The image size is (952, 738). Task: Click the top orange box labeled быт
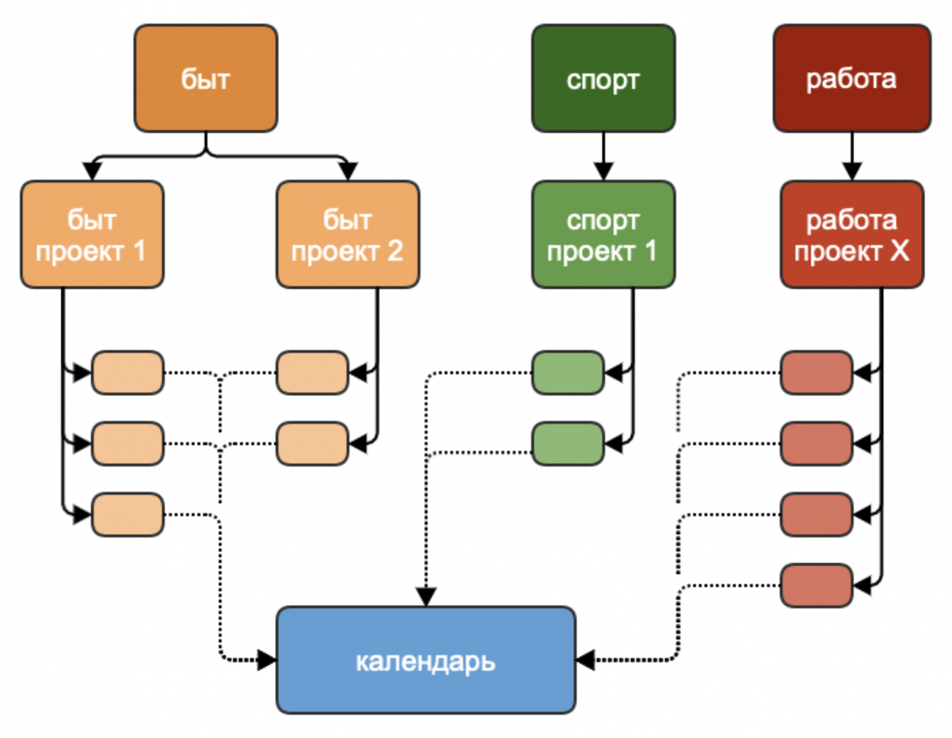pyautogui.click(x=206, y=78)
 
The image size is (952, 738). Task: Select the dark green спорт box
pyautogui.click(x=603, y=78)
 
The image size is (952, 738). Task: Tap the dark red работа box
pyautogui.click(x=851, y=78)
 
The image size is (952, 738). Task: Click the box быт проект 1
pyautogui.click(x=92, y=234)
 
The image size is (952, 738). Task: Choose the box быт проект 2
pyautogui.click(x=347, y=234)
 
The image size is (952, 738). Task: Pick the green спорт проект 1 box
pyautogui.click(x=603, y=234)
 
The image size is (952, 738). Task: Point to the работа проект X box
pyautogui.click(x=851, y=234)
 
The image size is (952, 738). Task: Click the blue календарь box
pyautogui.click(x=425, y=660)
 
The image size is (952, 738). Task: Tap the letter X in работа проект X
pyautogui.click(x=899, y=251)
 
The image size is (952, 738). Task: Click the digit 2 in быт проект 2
pyautogui.click(x=395, y=251)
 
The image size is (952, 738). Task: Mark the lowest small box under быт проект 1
pyautogui.click(x=128, y=515)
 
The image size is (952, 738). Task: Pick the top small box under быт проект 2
pyautogui.click(x=312, y=372)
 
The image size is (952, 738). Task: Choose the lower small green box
pyautogui.click(x=568, y=443)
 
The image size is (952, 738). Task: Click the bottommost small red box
pyautogui.click(x=816, y=586)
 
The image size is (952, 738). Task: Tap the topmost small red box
pyautogui.click(x=816, y=372)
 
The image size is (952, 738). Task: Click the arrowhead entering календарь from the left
pyautogui.click(x=267, y=660)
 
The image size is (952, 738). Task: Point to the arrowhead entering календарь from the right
pyautogui.click(x=585, y=660)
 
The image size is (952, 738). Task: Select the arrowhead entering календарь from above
pyautogui.click(x=425, y=596)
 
